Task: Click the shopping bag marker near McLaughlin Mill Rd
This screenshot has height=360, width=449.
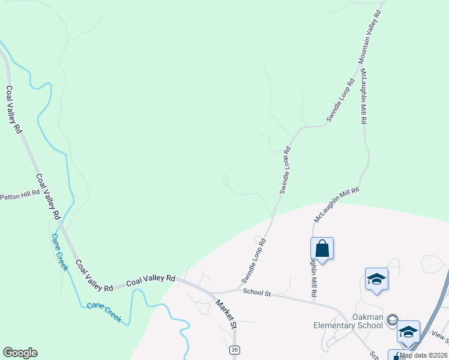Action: click(322, 248)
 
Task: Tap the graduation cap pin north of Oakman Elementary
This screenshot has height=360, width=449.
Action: click(376, 279)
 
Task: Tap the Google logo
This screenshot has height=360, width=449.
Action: click(20, 353)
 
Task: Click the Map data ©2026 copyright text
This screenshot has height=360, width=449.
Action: click(423, 355)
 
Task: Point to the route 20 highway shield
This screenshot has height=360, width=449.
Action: click(234, 349)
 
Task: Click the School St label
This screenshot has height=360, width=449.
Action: click(258, 292)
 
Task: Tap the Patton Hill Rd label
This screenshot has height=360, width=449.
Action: click(20, 195)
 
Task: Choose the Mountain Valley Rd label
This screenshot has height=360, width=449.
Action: click(369, 37)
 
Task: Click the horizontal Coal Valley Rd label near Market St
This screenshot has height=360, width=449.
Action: click(151, 279)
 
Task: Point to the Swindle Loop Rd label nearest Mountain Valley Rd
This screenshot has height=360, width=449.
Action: click(338, 101)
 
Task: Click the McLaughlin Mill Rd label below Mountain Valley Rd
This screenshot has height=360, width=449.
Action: click(363, 95)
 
